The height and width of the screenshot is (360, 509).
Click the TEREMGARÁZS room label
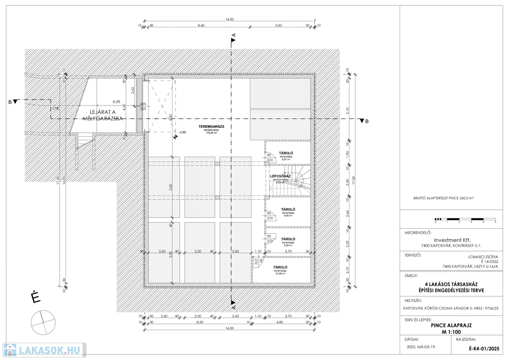click(212, 127)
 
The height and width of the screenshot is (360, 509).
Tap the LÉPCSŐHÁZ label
click(280, 176)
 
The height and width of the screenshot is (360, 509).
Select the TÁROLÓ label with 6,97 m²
click(286, 153)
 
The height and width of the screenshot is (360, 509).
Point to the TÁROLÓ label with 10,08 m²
click(281, 268)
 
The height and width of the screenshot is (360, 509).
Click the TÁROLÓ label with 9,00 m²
click(288, 209)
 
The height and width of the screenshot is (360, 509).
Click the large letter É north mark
click(35, 298)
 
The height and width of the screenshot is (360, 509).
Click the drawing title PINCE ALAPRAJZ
click(451, 325)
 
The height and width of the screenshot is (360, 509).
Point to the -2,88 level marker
click(182, 132)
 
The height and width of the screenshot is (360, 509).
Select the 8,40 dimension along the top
click(201, 25)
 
